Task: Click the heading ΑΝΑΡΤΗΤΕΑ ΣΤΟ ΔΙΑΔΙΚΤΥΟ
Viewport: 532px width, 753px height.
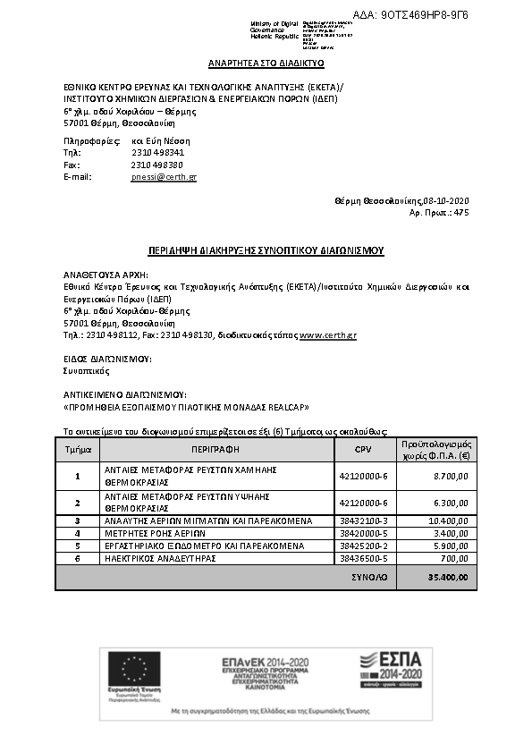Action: click(266, 63)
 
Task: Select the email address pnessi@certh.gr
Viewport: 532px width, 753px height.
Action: click(164, 177)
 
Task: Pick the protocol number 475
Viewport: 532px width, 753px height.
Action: click(460, 213)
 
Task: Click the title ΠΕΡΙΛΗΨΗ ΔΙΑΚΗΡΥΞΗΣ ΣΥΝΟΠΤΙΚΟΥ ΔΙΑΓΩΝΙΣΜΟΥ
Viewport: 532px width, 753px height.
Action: click(266, 250)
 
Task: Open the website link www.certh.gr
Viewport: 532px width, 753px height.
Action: click(328, 334)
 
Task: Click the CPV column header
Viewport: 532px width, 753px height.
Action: click(362, 449)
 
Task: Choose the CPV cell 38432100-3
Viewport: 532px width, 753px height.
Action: click(363, 520)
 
